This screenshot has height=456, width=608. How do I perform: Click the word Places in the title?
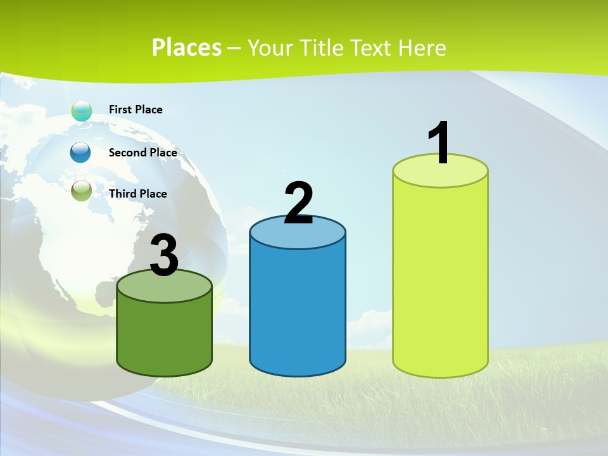point(187,47)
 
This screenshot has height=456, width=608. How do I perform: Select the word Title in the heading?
point(321,47)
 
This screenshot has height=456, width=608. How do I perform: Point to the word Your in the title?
point(270,47)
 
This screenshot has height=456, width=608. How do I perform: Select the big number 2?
point(298,203)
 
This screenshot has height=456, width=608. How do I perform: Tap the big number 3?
point(164,256)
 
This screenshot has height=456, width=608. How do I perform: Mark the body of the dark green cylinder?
point(164,336)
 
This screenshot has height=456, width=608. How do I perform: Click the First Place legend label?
point(136,110)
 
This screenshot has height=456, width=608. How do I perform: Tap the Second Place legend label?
point(142,153)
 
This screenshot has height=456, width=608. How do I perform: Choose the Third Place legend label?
point(137,194)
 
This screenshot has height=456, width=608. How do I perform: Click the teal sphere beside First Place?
point(81,110)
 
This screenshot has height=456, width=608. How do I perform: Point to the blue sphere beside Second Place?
point(80,152)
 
